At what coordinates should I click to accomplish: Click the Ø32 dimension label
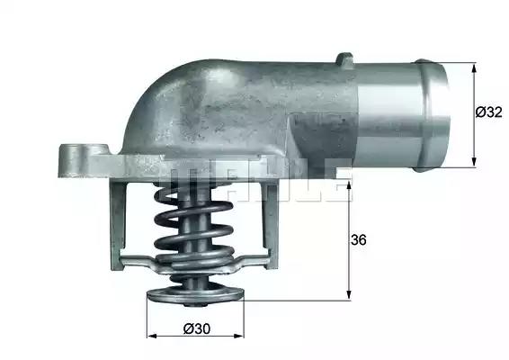488,112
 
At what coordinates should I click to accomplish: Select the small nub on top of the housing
344,60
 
